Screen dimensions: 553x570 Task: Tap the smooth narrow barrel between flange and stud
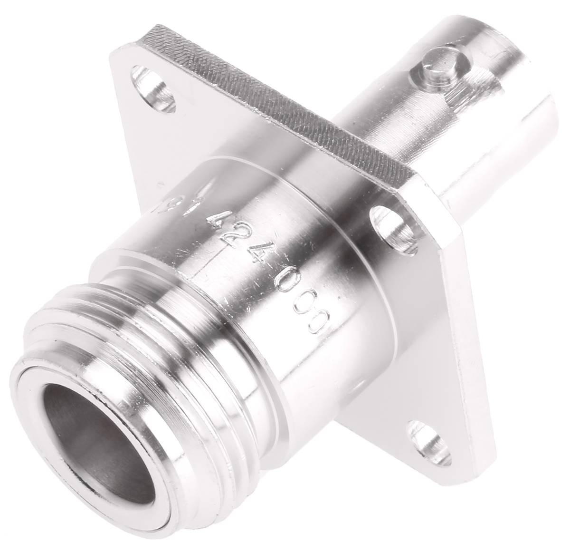(380, 119)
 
